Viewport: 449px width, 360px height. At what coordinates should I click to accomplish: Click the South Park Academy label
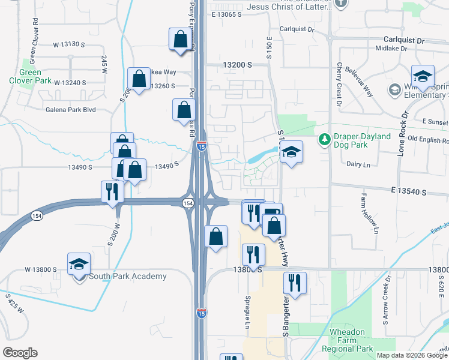(127, 276)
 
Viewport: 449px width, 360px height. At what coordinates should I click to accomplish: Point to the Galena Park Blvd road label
(70, 110)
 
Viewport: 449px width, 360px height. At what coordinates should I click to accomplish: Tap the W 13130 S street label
(70, 44)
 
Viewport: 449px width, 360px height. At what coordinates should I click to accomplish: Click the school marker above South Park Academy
(79, 264)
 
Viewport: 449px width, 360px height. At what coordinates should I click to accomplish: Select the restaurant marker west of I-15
(112, 191)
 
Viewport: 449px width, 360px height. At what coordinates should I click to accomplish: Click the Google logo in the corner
(20, 353)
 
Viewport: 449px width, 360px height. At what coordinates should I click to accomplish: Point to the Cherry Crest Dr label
(340, 81)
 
